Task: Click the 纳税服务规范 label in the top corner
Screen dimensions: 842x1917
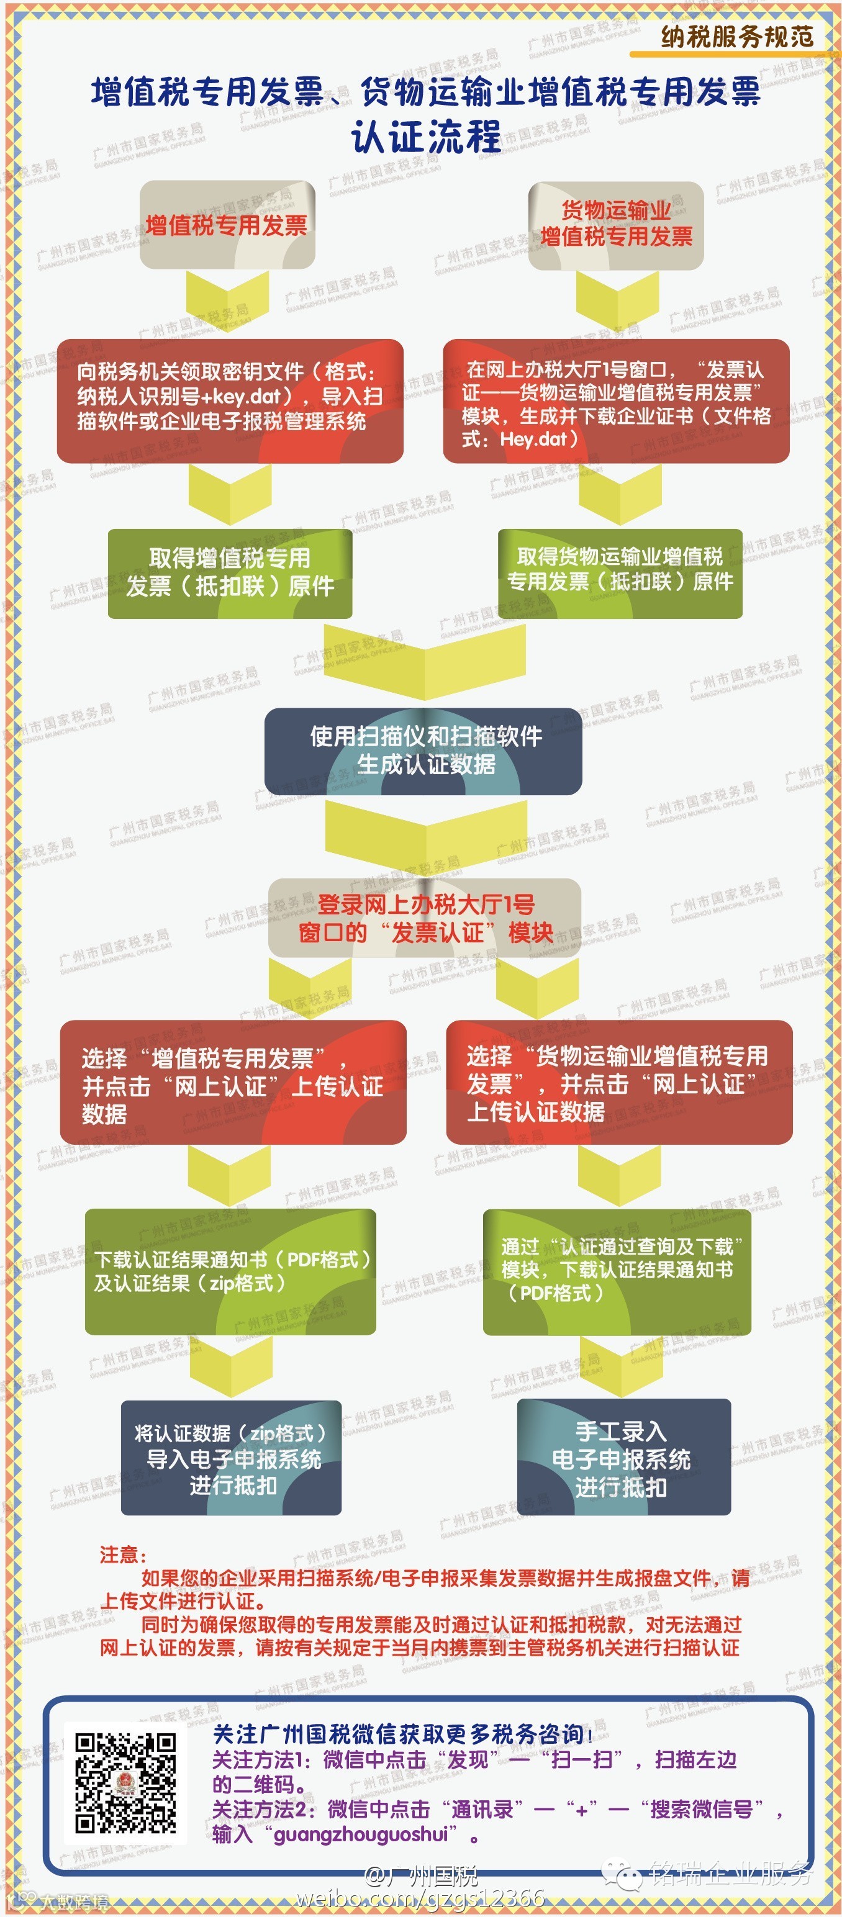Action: (x=736, y=36)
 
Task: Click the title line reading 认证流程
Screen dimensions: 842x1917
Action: (x=426, y=137)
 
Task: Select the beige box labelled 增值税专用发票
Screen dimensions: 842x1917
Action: (x=227, y=225)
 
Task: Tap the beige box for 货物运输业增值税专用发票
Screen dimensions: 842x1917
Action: (x=616, y=225)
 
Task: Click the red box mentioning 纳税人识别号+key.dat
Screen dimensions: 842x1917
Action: (x=230, y=400)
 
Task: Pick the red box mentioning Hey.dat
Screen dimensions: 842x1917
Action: (x=616, y=402)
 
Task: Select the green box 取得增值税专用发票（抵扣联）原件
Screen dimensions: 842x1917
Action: (x=230, y=573)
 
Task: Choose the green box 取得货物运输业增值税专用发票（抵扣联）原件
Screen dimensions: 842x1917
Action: (x=620, y=572)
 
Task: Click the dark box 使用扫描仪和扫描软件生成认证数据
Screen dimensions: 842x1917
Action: (x=423, y=750)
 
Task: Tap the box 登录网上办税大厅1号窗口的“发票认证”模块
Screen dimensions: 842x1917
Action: (x=424, y=918)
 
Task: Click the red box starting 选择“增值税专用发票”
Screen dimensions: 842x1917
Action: (x=233, y=1083)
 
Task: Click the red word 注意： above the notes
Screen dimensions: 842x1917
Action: (x=123, y=1554)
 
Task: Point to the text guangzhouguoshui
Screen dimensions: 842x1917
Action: (x=361, y=1834)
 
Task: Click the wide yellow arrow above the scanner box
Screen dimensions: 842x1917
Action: (x=424, y=659)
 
